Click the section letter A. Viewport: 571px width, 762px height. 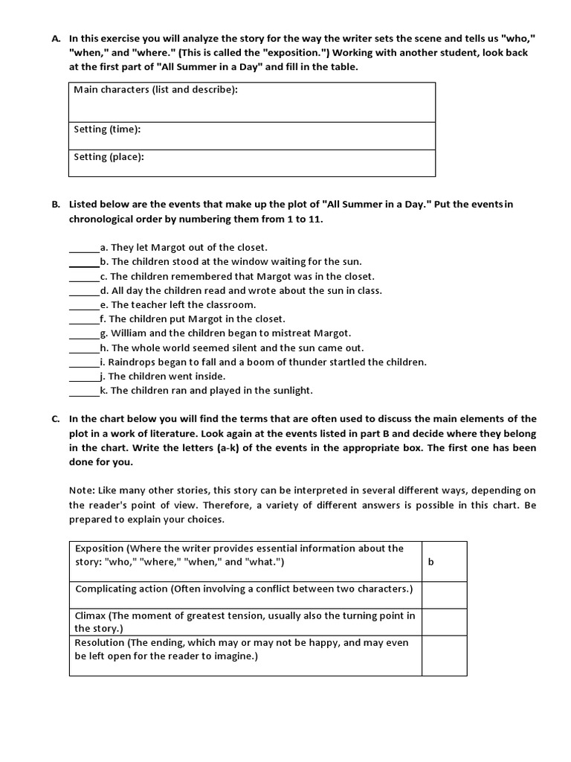click(x=56, y=38)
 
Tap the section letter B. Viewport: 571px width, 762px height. click(x=56, y=205)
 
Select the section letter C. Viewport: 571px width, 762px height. click(x=56, y=419)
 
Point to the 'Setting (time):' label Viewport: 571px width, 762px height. click(x=107, y=129)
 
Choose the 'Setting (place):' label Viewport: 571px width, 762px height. click(x=109, y=157)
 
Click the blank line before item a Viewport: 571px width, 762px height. click(x=84, y=249)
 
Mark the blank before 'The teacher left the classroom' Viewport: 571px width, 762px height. click(x=84, y=306)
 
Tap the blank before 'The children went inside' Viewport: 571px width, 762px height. click(x=84, y=377)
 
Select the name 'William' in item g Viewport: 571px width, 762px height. click(x=129, y=333)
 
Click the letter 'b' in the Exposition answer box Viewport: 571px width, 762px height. click(x=430, y=562)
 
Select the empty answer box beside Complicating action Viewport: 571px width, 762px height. click(x=444, y=595)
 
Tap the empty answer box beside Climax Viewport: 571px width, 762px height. click(x=444, y=622)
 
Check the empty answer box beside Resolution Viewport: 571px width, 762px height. click(x=444, y=655)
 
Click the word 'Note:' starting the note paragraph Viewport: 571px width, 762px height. click(x=82, y=491)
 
